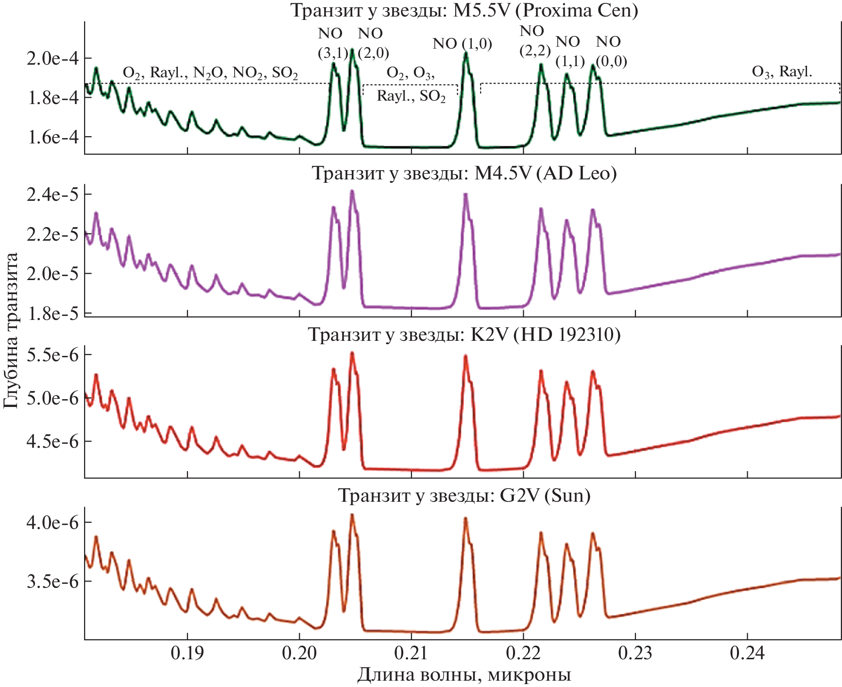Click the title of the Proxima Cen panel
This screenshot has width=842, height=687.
tap(464, 10)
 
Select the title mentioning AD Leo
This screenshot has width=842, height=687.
tap(464, 173)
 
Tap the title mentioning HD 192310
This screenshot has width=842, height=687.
tap(464, 335)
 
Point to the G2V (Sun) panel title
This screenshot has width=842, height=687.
tap(464, 495)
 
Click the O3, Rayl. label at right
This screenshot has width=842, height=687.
tap(782, 72)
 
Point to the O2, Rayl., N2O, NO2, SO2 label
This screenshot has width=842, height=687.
tap(210, 73)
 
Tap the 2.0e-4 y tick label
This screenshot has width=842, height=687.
tap(52, 58)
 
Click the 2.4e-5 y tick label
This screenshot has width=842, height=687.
tap(52, 194)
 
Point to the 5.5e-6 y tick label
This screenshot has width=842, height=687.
tap(52, 355)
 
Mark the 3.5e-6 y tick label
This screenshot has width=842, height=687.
tap(52, 581)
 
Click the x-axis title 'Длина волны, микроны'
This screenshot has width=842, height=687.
tap(464, 675)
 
